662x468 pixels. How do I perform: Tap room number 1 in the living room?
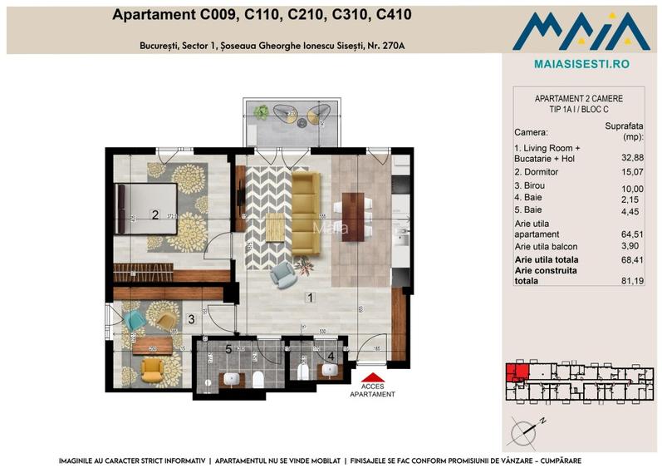coord(309,297)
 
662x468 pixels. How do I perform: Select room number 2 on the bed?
coord(154,214)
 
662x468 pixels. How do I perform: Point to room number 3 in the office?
coord(190,318)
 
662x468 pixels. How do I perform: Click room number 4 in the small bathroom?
coord(330,357)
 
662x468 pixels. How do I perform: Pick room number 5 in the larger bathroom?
coord(228,349)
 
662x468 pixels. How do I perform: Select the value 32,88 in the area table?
coord(633,157)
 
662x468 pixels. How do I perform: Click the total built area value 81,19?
coord(633,281)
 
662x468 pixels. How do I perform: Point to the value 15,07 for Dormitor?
coord(633,172)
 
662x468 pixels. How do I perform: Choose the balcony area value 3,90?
coord(633,247)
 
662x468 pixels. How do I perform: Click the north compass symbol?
coord(527,430)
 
